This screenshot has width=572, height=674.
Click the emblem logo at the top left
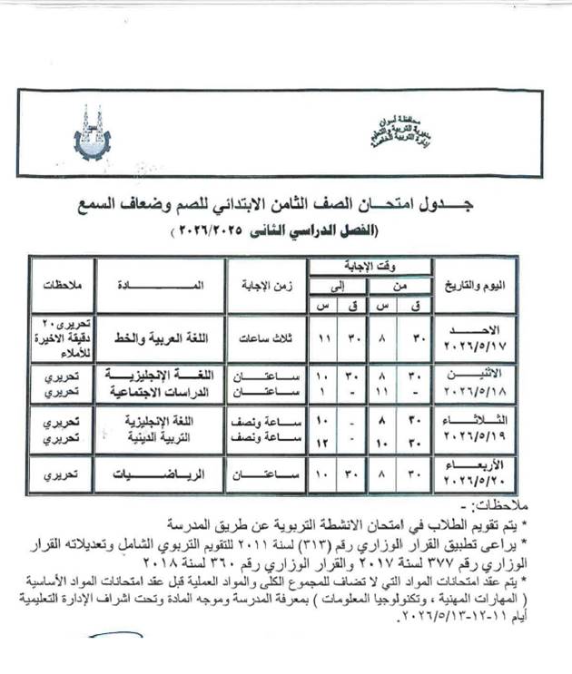(x=91, y=133)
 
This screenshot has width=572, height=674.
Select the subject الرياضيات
(x=161, y=474)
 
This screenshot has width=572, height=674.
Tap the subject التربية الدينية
(x=161, y=437)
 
